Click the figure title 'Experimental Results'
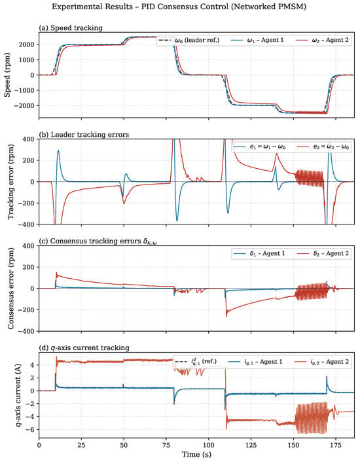click(92, 7)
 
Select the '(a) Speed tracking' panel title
click(71, 28)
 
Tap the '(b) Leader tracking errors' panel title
click(84, 135)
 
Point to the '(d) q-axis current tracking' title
click(84, 348)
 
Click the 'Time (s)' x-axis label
click(196, 454)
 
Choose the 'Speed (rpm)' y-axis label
click(7, 75)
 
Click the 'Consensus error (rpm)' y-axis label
click(10, 288)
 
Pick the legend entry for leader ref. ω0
click(189, 40)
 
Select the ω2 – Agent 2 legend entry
click(322, 40)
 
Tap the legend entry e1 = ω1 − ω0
click(260, 147)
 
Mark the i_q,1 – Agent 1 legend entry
click(256, 362)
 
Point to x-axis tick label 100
click(209, 445)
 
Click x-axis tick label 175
click(336, 445)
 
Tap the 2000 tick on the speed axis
click(27, 44)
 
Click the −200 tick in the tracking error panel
click(28, 204)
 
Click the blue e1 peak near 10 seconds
click(58, 151)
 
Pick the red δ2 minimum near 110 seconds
click(226, 316)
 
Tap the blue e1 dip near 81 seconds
click(177, 221)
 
